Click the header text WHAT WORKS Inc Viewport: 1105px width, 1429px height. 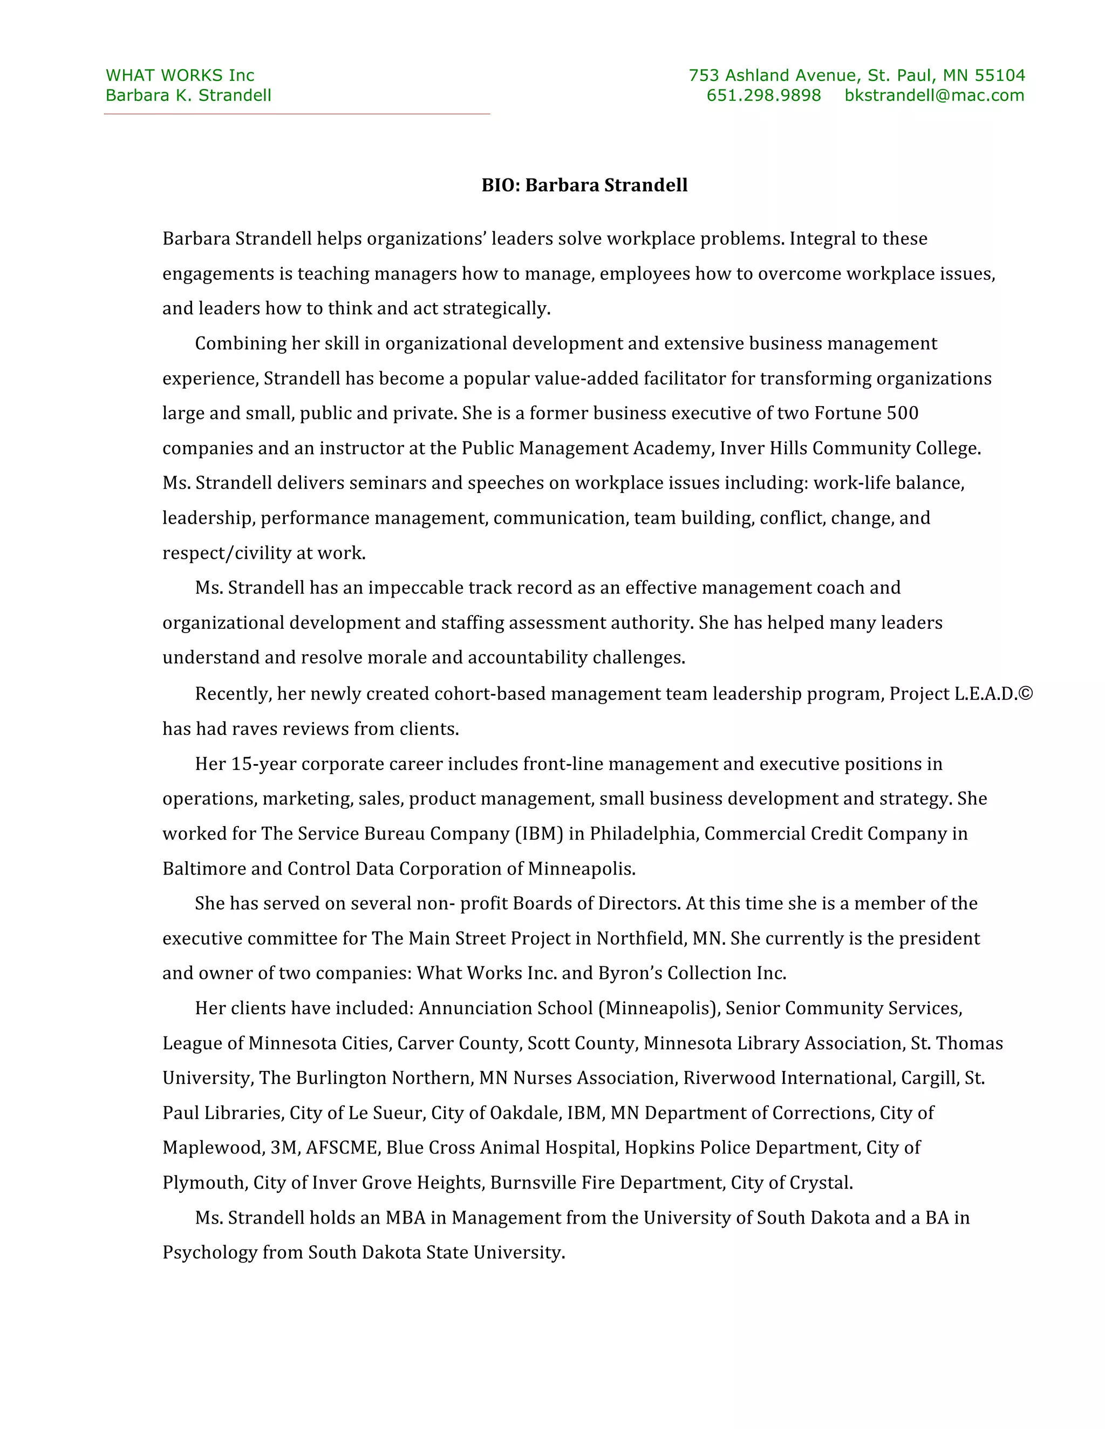[x=180, y=75]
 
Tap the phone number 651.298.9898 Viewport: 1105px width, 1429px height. [x=763, y=95]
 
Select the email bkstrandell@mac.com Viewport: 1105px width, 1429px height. [x=934, y=95]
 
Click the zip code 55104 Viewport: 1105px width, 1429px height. [x=1000, y=75]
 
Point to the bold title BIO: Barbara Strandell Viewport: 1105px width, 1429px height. [x=584, y=186]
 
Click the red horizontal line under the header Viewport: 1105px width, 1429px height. [x=297, y=114]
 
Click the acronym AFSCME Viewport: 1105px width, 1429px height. [x=342, y=1148]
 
